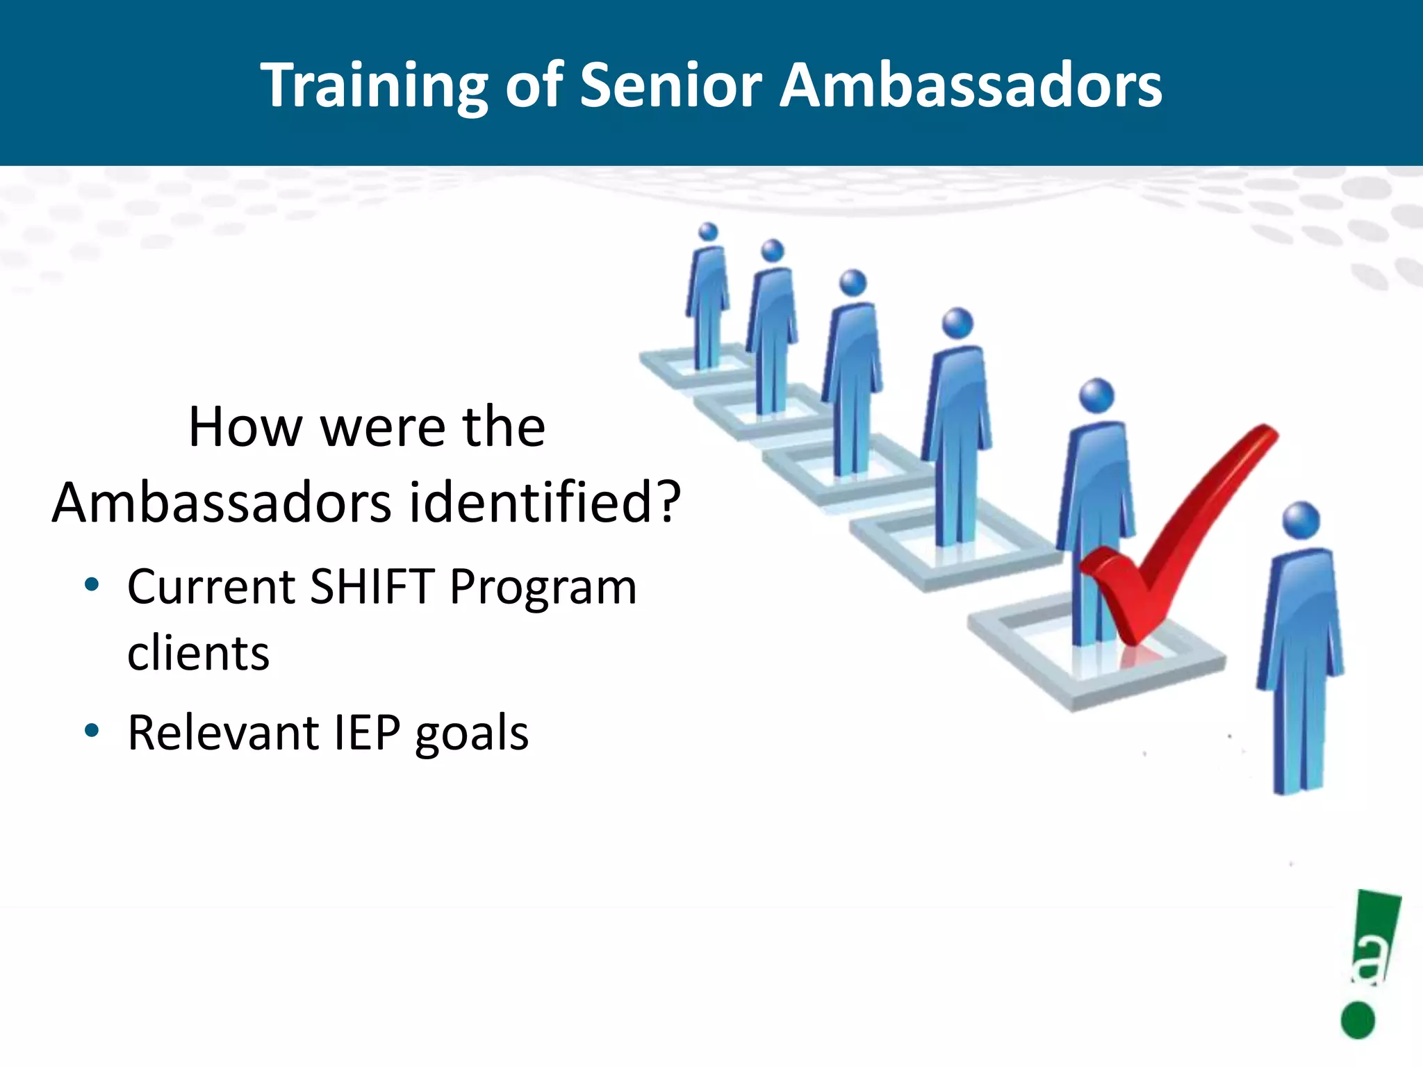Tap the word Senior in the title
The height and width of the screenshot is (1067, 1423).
point(671,85)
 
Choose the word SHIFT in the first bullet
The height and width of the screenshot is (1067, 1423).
point(372,587)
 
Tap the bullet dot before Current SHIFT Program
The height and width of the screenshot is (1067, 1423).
point(92,585)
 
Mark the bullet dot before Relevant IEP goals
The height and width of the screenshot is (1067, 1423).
point(92,731)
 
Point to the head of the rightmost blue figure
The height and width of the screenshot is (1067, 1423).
point(1301,520)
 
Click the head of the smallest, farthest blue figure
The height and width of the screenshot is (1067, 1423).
point(708,231)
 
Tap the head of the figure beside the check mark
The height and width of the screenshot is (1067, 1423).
point(1096,396)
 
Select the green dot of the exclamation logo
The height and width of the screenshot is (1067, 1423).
point(1358,1020)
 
